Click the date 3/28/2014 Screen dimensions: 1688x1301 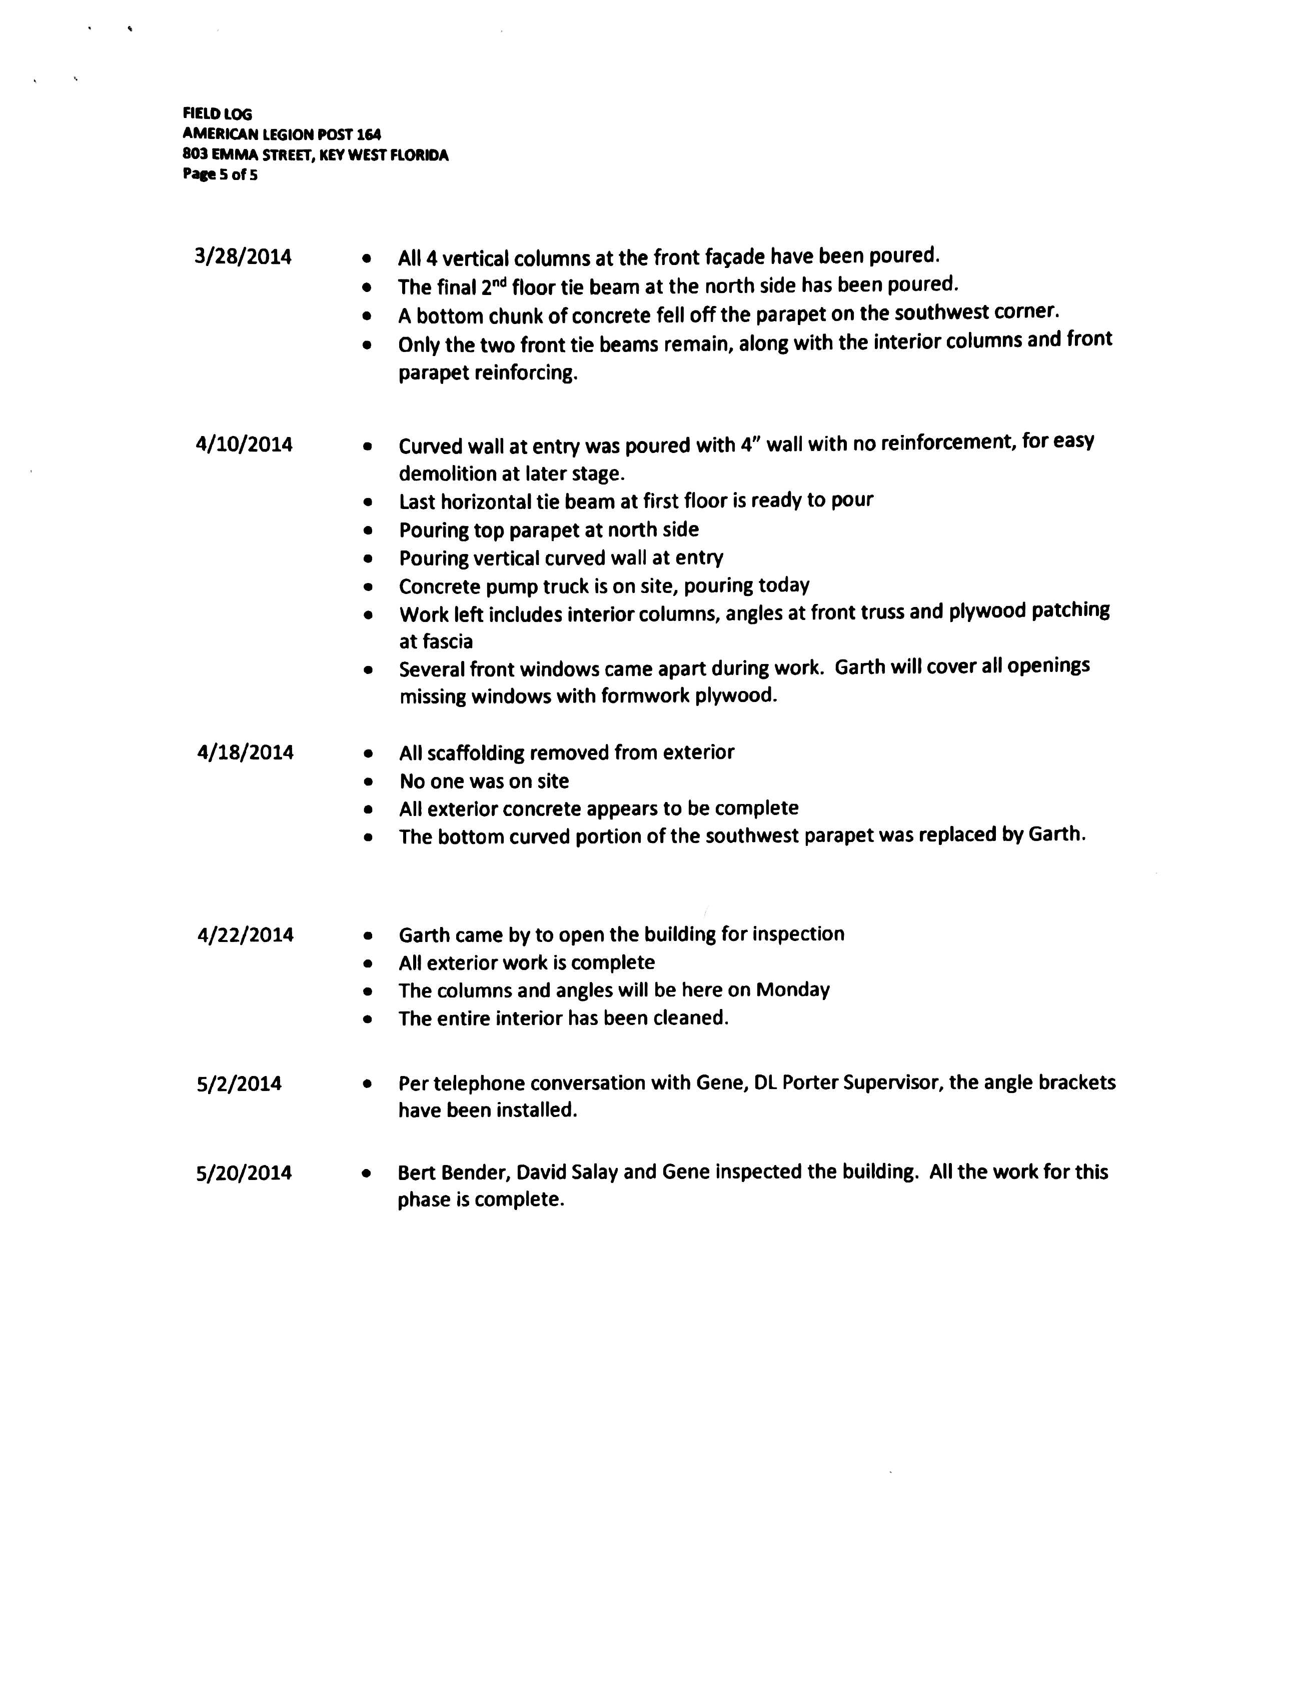point(243,257)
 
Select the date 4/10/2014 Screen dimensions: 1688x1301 point(244,444)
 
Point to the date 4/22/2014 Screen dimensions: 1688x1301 point(245,935)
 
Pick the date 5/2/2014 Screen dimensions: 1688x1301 point(239,1083)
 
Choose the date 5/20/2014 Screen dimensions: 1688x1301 point(244,1173)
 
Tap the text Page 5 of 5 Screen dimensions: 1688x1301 point(220,174)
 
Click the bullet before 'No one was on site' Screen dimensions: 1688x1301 point(368,782)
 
